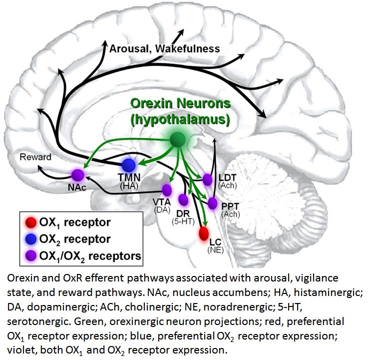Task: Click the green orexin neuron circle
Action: (178, 139)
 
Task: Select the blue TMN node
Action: (129, 165)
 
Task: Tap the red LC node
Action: (204, 233)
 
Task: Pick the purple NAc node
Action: (78, 175)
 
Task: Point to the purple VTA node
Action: (167, 190)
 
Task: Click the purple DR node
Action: (183, 200)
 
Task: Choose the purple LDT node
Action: (208, 179)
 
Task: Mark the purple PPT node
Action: (212, 203)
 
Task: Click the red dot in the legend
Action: (30, 222)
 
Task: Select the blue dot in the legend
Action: (30, 239)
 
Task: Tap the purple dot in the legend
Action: (30, 255)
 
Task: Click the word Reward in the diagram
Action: (35, 157)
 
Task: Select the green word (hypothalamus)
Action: (180, 119)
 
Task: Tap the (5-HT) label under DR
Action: (183, 221)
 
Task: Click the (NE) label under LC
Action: (215, 250)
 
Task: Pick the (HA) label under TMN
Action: (129, 186)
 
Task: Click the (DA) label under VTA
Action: (162, 209)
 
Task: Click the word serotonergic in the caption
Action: (38, 321)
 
